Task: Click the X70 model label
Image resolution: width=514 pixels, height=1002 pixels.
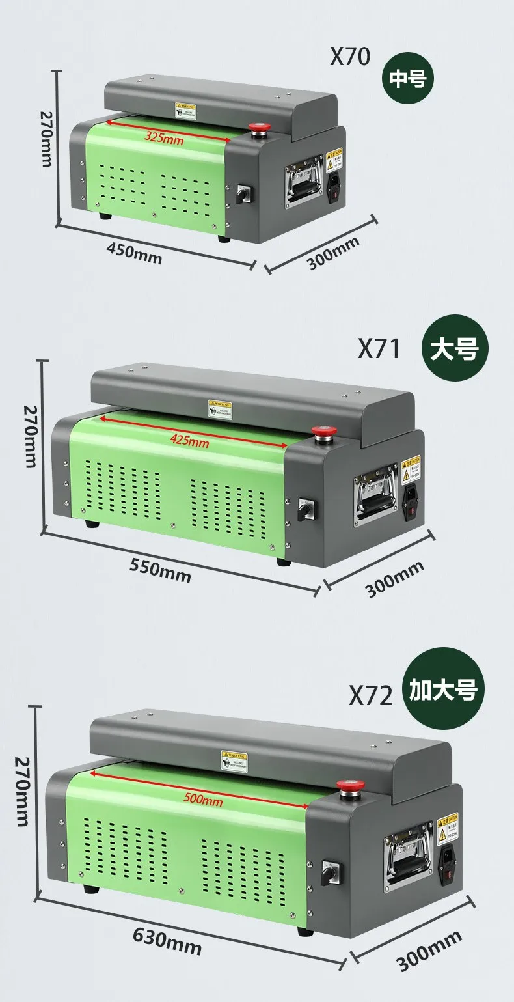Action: coord(349,57)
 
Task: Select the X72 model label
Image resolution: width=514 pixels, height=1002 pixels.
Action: coord(371,695)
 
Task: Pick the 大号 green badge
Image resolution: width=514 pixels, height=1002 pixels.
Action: coord(454,349)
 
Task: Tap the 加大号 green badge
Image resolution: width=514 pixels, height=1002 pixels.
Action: coord(443,688)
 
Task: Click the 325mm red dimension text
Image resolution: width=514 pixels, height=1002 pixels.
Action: coord(163,137)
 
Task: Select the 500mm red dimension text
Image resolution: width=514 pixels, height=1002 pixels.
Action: coord(202,800)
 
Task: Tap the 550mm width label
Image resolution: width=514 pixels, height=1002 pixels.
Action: coord(160,567)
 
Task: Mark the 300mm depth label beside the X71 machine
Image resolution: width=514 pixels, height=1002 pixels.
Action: coord(394,578)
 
